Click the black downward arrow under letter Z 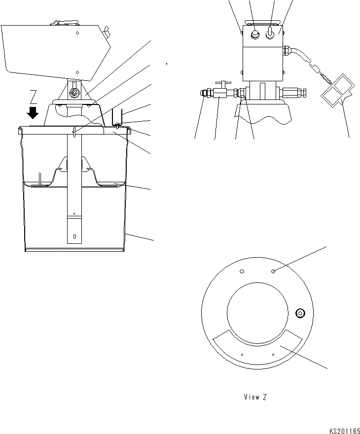click(x=33, y=112)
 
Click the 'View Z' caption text click(x=255, y=397)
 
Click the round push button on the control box click(x=255, y=34)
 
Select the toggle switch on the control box click(x=270, y=34)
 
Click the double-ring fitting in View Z click(x=299, y=312)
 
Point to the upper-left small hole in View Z click(x=242, y=271)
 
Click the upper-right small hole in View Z click(x=273, y=271)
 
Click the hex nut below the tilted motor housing click(x=74, y=93)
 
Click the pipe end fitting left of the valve click(x=205, y=92)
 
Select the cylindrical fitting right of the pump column click(x=295, y=92)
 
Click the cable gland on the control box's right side click(x=286, y=50)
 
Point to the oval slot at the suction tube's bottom click(x=74, y=236)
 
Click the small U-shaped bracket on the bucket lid click(x=117, y=118)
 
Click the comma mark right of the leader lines click(x=167, y=64)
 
